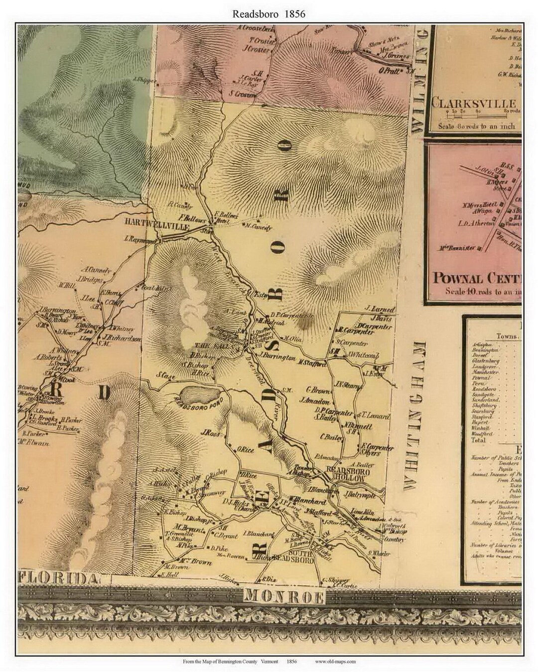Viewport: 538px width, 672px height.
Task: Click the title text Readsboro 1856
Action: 269,14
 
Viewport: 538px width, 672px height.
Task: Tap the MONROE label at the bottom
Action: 284,595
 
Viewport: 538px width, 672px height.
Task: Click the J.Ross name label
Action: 211,433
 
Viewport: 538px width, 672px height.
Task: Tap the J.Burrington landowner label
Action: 276,356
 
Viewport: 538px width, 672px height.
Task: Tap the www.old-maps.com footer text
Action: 335,662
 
